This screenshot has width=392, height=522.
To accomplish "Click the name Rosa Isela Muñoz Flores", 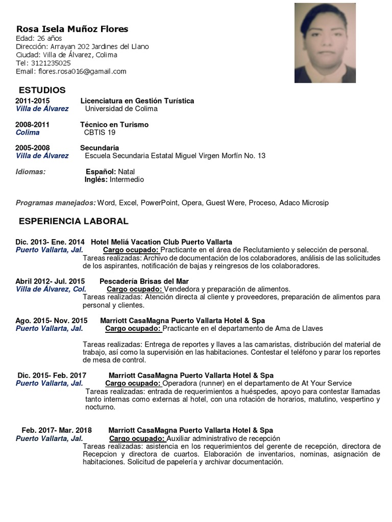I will coord(72,29).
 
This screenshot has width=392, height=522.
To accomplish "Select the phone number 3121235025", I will coord(51,63).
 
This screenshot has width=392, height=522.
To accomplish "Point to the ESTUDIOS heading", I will coord(42,90).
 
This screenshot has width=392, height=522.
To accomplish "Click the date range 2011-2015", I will coord(33,101).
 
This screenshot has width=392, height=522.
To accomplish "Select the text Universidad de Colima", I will coord(121,109).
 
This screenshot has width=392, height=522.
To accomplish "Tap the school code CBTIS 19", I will coord(100,133).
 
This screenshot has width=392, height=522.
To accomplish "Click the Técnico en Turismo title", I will coord(114,124).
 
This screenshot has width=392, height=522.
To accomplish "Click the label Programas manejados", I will coord(56,203).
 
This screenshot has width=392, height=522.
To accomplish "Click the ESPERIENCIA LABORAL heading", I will coord(73,221).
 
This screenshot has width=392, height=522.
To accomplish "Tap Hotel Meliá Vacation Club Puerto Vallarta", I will coord(161,242).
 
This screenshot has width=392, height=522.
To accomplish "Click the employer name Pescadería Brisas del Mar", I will coord(144,281).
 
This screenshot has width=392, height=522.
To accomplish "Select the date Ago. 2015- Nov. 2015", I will coord(52,321).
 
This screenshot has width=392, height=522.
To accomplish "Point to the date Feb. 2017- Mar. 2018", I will coord(57,430).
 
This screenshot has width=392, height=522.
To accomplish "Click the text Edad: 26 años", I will coord(39,38).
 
